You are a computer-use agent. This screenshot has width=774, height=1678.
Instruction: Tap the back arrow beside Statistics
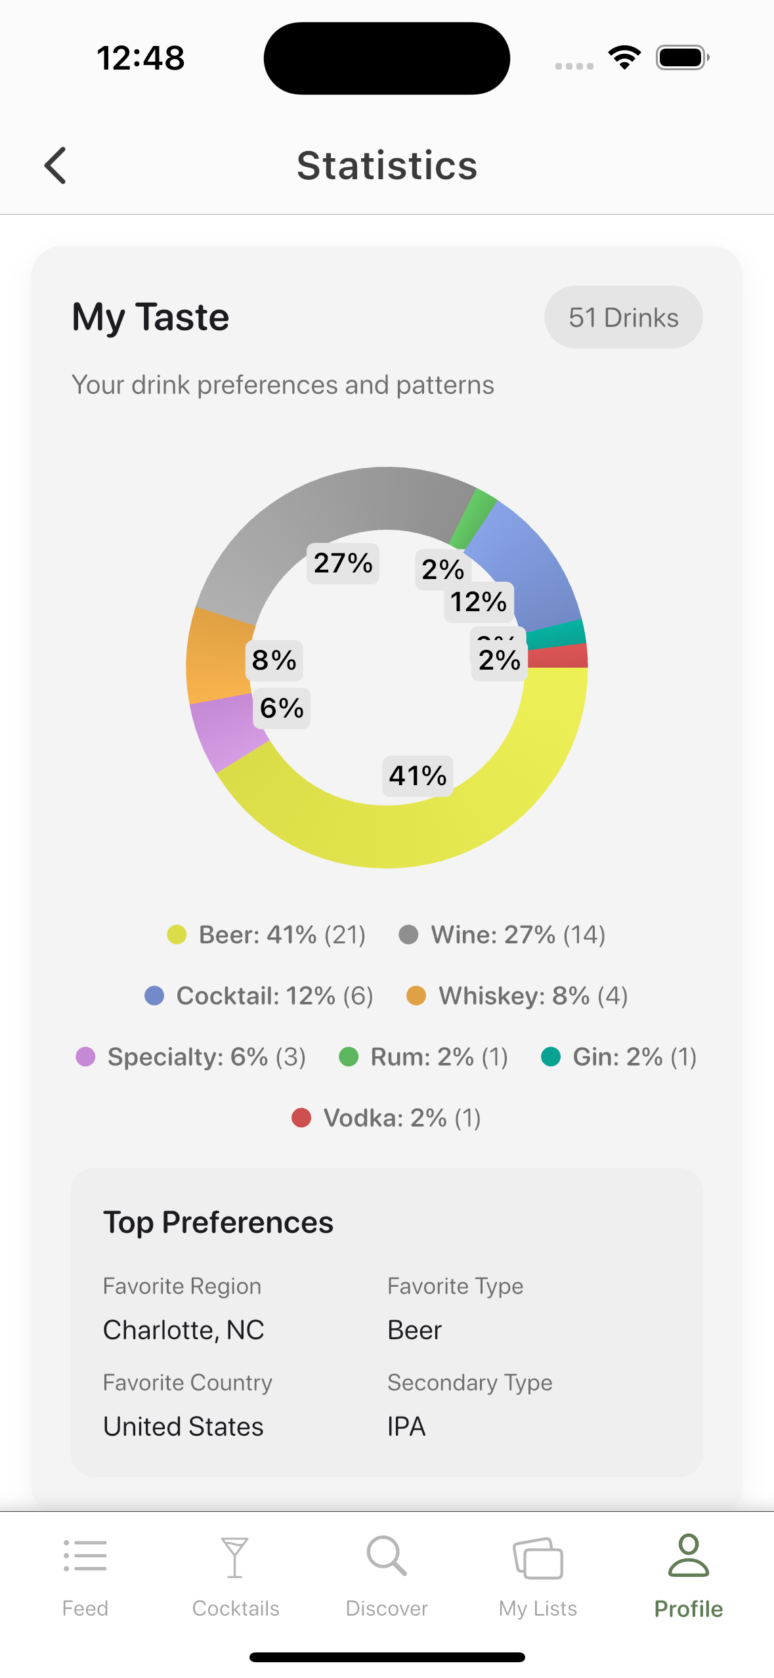[56, 165]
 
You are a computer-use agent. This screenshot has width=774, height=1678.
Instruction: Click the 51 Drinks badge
[623, 318]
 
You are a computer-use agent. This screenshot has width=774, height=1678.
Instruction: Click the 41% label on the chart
[418, 776]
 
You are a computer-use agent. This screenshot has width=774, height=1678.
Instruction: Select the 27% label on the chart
[343, 563]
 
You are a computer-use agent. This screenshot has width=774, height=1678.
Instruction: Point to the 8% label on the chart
[274, 660]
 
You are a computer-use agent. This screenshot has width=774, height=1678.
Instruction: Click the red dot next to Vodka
[301, 1117]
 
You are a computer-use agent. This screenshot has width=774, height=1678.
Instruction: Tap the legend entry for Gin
[618, 1057]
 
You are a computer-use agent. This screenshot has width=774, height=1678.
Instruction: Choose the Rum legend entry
[423, 1057]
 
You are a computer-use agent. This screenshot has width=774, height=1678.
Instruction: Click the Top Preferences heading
[218, 1222]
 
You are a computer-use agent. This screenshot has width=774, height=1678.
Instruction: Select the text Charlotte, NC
[184, 1330]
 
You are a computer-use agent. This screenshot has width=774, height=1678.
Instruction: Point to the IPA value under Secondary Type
[406, 1427]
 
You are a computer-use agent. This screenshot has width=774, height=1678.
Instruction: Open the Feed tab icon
[85, 1556]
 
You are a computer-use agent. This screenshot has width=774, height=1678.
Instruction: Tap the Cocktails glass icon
[235, 1557]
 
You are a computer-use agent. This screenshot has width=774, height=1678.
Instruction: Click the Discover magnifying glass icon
[387, 1556]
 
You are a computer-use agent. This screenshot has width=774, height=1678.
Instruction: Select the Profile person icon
[688, 1556]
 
